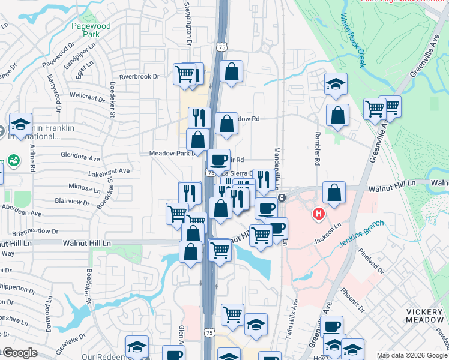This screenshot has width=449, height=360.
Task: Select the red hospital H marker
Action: click(x=319, y=213)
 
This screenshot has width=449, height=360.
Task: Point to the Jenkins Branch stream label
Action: click(x=361, y=235)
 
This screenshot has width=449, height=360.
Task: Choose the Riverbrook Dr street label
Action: click(x=139, y=77)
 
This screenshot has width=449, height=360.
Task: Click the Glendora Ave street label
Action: click(x=80, y=158)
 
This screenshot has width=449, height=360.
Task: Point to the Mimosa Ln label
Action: click(x=84, y=188)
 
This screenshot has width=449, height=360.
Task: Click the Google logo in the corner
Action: click(x=20, y=353)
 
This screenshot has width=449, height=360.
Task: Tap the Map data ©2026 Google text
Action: click(x=411, y=355)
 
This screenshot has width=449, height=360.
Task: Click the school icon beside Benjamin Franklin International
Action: click(x=20, y=124)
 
